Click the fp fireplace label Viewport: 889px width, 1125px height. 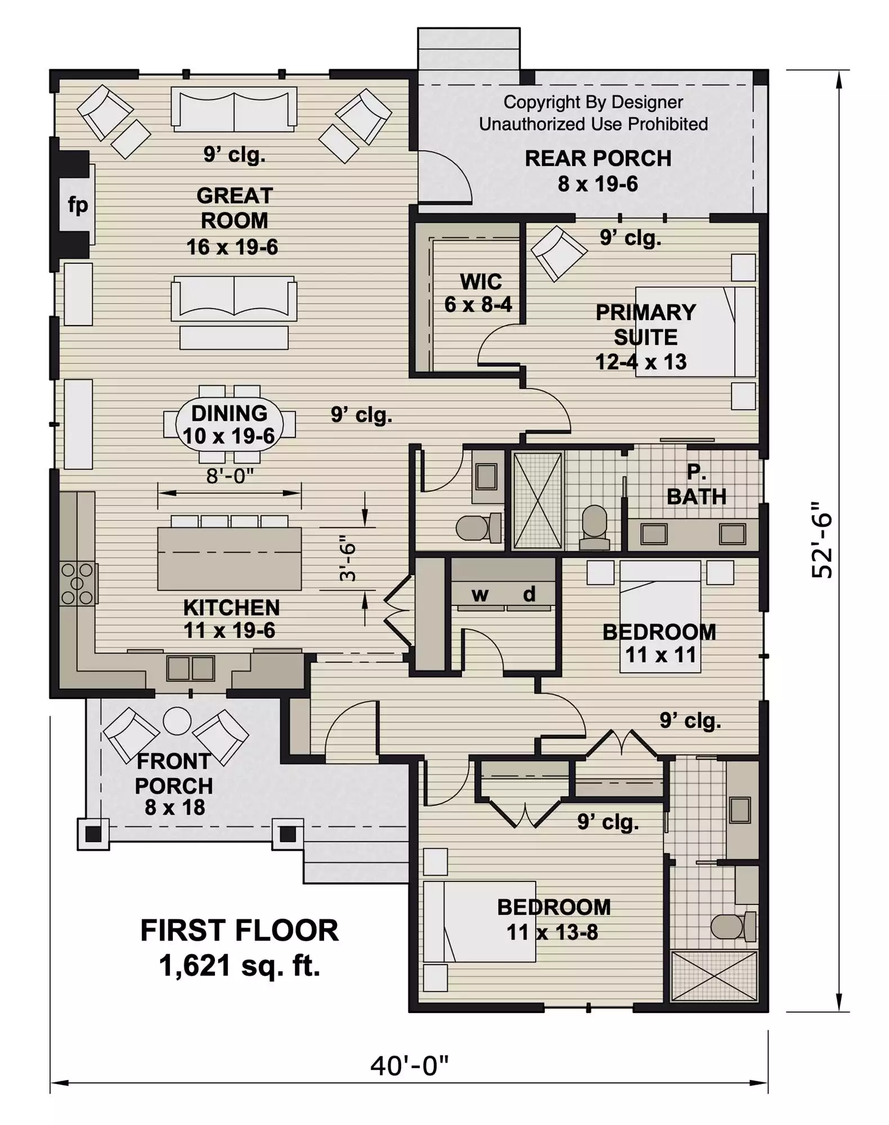pos(78,205)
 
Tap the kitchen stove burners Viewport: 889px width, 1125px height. pos(78,584)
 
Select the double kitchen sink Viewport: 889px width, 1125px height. pos(191,669)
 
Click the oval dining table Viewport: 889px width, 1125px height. pos(230,424)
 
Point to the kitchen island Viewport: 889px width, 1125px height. pos(230,559)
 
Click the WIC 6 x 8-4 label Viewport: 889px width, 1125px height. pos(479,293)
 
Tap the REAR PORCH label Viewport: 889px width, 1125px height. pos(598,159)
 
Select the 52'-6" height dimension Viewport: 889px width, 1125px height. pos(822,540)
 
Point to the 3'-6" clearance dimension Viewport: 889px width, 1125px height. pos(348,562)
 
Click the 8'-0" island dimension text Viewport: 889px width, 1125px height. pos(230,476)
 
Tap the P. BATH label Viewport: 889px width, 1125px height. pos(697,485)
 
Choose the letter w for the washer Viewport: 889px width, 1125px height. pos(479,595)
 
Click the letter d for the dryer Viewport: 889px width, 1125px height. pos(529,593)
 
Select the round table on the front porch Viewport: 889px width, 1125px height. pos(177,721)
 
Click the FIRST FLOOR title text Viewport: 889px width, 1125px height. pos(239,931)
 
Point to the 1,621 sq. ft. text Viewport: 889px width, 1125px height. pos(239,966)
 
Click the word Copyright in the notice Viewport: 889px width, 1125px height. pos(541,102)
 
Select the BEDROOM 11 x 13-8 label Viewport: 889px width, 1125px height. pos(554,920)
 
